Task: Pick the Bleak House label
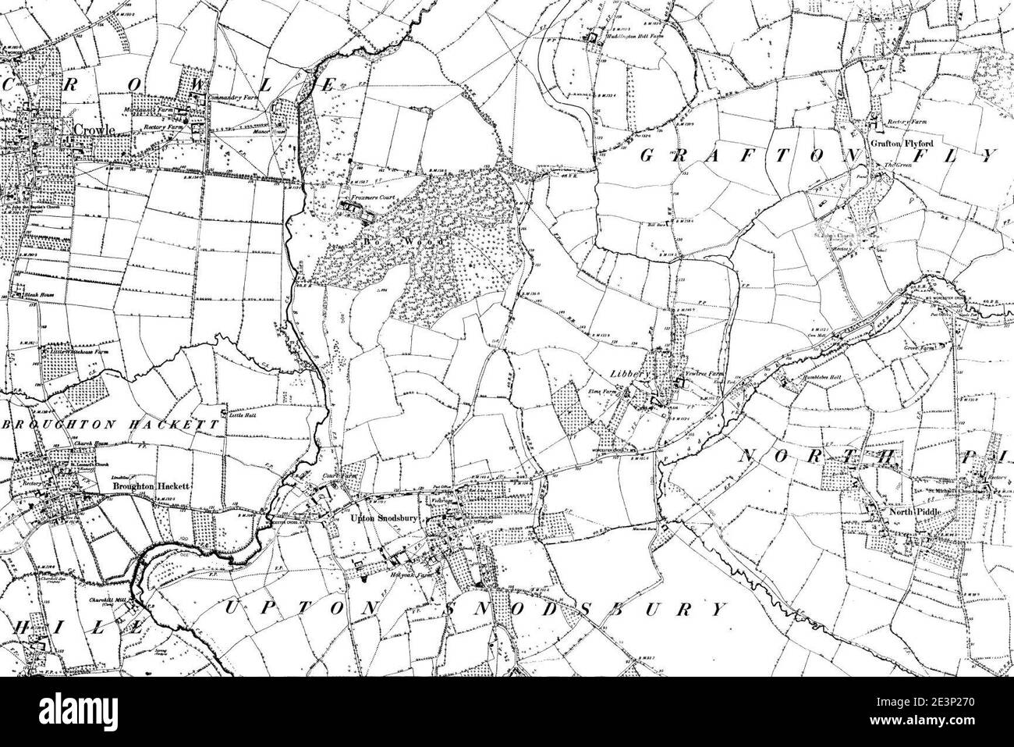[x=34, y=296]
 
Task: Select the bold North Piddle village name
[x=899, y=513]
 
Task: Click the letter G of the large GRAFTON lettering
[x=647, y=155]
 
